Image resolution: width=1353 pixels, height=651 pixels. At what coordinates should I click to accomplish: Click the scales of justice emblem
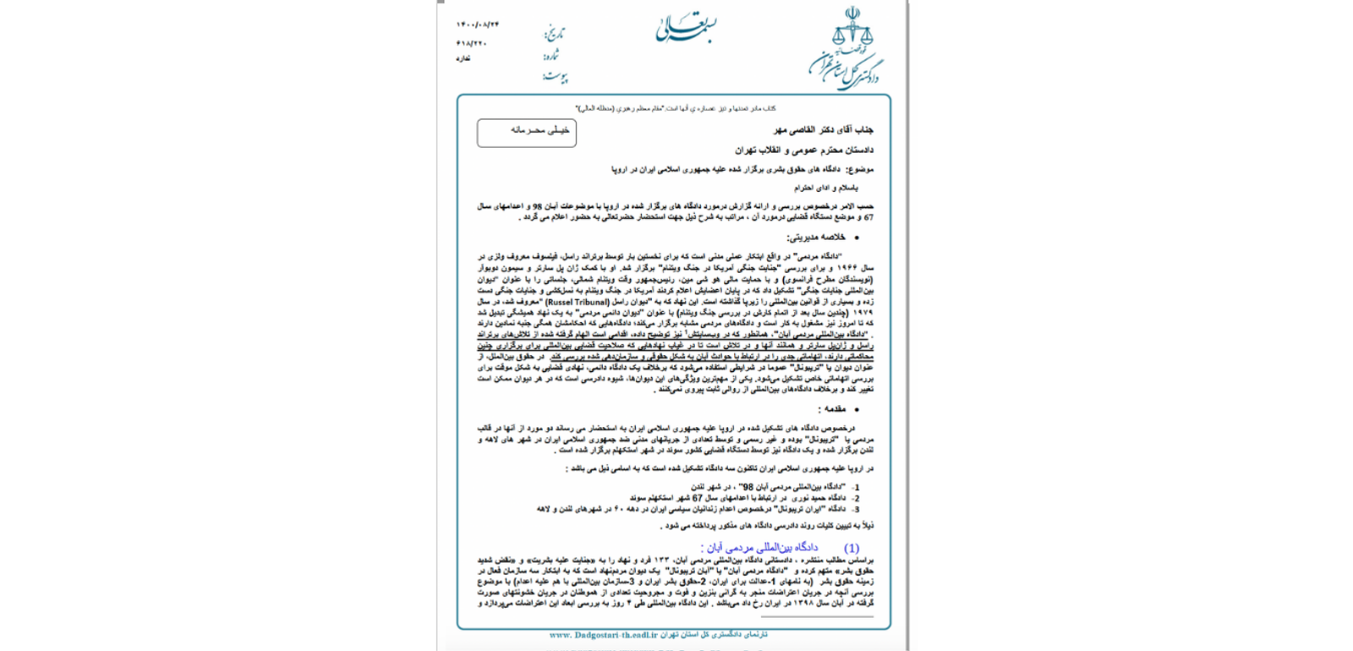click(852, 30)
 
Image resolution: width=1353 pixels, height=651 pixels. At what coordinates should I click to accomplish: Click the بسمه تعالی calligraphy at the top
click(686, 28)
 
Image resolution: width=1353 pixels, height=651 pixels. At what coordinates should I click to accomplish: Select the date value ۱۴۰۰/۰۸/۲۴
click(478, 25)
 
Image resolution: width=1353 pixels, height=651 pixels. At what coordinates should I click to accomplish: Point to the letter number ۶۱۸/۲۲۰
click(472, 43)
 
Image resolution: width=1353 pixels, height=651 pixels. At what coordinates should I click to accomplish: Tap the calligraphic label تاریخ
click(554, 34)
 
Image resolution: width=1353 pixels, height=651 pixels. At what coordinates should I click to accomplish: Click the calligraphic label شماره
click(551, 56)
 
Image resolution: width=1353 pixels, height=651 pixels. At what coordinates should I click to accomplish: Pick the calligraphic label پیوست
click(555, 77)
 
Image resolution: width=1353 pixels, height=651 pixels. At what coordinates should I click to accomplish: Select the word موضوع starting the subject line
click(860, 169)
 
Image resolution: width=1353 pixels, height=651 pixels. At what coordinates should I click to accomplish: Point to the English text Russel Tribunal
click(578, 302)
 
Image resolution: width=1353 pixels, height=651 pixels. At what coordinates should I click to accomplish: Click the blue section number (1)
click(852, 548)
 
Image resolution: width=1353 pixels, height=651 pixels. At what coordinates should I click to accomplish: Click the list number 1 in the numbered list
click(857, 488)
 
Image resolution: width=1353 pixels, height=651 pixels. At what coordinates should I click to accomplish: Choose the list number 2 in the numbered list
click(857, 499)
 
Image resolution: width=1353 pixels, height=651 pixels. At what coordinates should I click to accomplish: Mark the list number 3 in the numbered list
click(857, 510)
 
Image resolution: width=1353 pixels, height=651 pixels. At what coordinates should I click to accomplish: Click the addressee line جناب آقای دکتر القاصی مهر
click(823, 130)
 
